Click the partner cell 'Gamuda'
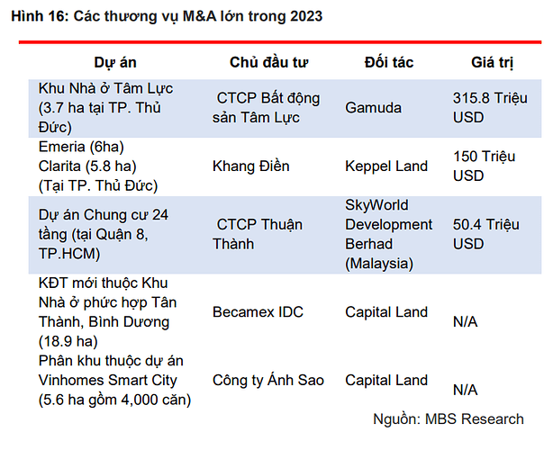373,106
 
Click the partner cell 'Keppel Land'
385,166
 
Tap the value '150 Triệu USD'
484,166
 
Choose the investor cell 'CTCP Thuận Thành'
258,234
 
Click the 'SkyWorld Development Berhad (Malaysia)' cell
388,234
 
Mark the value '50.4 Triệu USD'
486,234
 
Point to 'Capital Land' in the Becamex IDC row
386,312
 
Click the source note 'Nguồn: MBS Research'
448,418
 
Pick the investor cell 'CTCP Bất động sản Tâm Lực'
267,106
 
